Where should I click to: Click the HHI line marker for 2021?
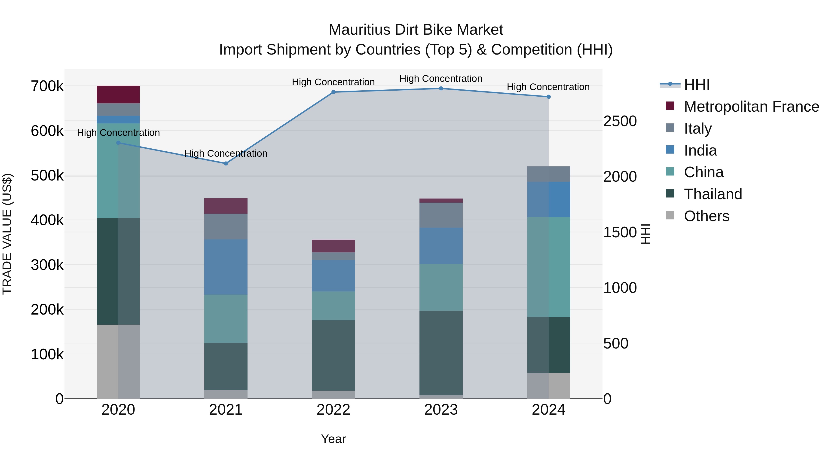226,163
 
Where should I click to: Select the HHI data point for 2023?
441,89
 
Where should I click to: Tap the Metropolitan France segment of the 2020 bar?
118,94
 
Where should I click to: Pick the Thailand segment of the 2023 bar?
441,353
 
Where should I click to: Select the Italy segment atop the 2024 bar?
548,174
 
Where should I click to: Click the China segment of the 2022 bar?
333,306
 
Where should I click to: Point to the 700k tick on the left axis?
47,87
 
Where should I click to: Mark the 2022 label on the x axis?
333,410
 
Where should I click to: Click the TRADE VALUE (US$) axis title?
7,234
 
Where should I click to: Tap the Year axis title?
333,439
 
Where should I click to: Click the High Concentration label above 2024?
548,87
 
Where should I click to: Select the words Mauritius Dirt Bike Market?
416,30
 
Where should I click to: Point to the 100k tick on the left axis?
47,355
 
